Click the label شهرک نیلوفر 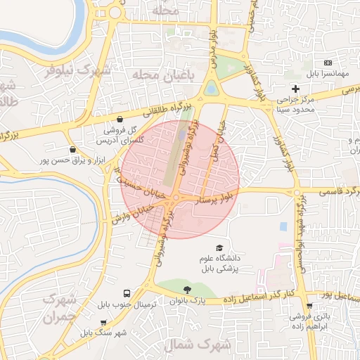[x=78, y=70]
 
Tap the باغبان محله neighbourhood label [x=167, y=74]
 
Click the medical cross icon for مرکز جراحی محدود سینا [x=296, y=89]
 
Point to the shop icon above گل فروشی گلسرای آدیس [x=121, y=120]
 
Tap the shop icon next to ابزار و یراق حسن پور [x=73, y=149]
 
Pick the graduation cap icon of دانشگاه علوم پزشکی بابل [x=219, y=248]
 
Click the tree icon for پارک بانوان [x=186, y=290]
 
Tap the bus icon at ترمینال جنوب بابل [x=127, y=292]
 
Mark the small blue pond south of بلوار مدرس [x=211, y=89]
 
